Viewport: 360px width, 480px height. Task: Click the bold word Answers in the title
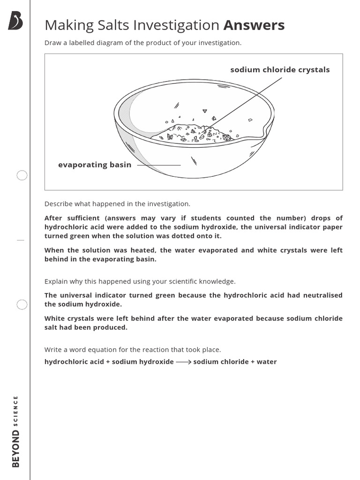pyautogui.click(x=254, y=25)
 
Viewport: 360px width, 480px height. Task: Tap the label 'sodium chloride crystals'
pyautogui.click(x=280, y=70)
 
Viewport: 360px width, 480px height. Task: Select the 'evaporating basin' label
pyautogui.click(x=95, y=165)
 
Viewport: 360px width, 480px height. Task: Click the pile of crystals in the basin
pyautogui.click(x=195, y=132)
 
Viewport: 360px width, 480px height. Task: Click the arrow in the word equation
pyautogui.click(x=183, y=362)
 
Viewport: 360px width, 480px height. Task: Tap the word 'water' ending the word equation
pyautogui.click(x=267, y=362)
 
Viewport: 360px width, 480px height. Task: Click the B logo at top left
pyautogui.click(x=15, y=21)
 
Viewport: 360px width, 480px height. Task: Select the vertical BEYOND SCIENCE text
pyautogui.click(x=16, y=431)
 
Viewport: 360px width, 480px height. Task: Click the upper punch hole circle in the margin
pyautogui.click(x=22, y=176)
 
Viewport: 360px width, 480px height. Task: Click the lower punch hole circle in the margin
pyautogui.click(x=22, y=305)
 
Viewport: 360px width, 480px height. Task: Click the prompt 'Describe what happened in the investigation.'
pyautogui.click(x=117, y=204)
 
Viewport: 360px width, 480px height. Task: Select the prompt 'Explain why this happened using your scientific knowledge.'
pyautogui.click(x=140, y=281)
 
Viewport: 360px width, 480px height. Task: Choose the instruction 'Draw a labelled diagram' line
pyautogui.click(x=142, y=43)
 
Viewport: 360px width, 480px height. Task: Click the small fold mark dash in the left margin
pyautogui.click(x=20, y=240)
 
